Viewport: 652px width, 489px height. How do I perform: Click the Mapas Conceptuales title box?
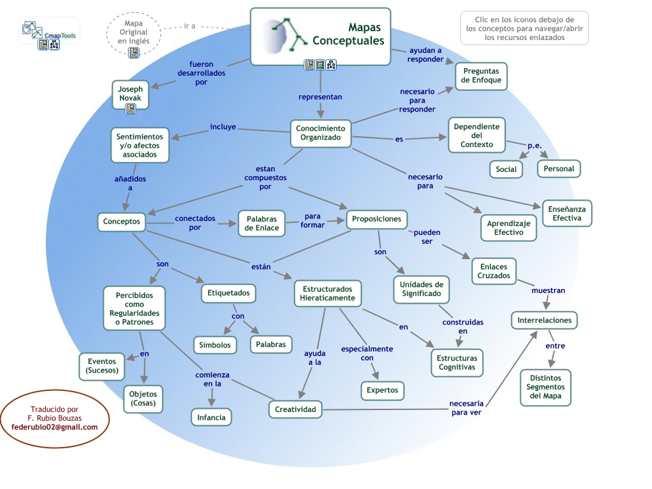[320, 36]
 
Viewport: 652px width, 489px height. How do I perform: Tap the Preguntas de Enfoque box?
[481, 76]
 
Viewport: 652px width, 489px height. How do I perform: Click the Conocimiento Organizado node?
[321, 133]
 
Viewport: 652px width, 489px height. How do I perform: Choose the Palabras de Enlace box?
[262, 223]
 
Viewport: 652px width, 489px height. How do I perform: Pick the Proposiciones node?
[376, 219]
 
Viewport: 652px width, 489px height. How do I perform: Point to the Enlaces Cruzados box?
[493, 271]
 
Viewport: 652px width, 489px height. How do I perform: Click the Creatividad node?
[295, 409]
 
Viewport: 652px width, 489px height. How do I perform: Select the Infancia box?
[211, 417]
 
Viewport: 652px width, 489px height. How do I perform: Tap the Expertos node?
[382, 390]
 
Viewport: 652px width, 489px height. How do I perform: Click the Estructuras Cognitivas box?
[457, 362]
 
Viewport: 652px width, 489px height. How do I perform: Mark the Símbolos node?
[215, 344]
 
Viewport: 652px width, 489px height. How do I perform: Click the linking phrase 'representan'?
[320, 97]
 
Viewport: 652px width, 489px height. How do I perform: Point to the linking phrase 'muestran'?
[548, 290]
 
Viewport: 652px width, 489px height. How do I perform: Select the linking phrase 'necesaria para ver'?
[466, 407]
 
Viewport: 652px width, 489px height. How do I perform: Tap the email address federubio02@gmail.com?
[55, 427]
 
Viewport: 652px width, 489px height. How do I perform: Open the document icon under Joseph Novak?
[131, 109]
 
